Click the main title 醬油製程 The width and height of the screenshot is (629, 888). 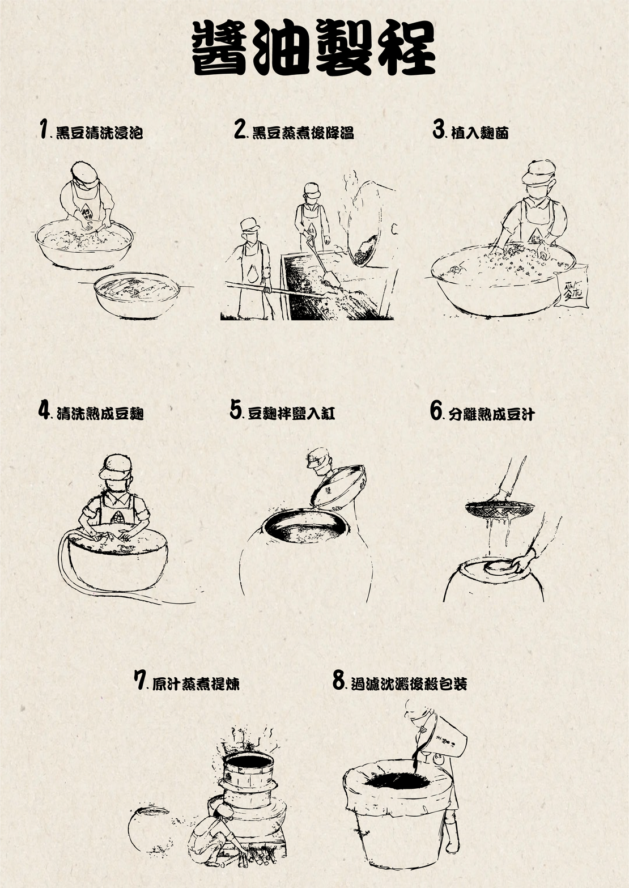pyautogui.click(x=314, y=48)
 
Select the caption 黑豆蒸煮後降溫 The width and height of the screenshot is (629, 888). pyautogui.click(x=303, y=133)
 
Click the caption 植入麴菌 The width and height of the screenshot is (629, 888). pyautogui.click(x=479, y=133)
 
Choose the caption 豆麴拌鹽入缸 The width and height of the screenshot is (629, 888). pyautogui.click(x=291, y=414)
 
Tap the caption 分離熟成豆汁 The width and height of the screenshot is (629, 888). pyautogui.click(x=492, y=414)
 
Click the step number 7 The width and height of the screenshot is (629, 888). pyautogui.click(x=141, y=680)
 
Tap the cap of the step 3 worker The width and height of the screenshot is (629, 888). pyautogui.click(x=539, y=171)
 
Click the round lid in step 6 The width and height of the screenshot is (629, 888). pyautogui.click(x=500, y=566)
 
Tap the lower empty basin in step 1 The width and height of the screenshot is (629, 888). pyautogui.click(x=137, y=295)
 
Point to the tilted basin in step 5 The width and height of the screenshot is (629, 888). pyautogui.click(x=338, y=487)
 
